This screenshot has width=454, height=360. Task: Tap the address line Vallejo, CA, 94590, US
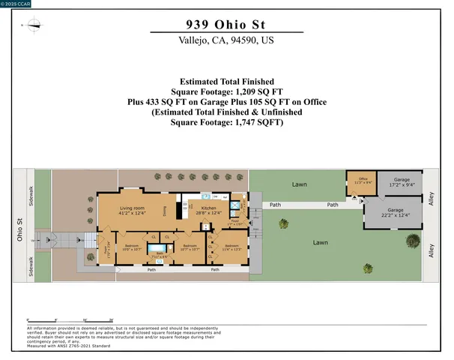(x=226, y=42)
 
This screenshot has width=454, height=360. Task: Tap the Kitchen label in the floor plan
(x=207, y=210)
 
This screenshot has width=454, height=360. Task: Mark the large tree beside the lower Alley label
(x=411, y=242)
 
